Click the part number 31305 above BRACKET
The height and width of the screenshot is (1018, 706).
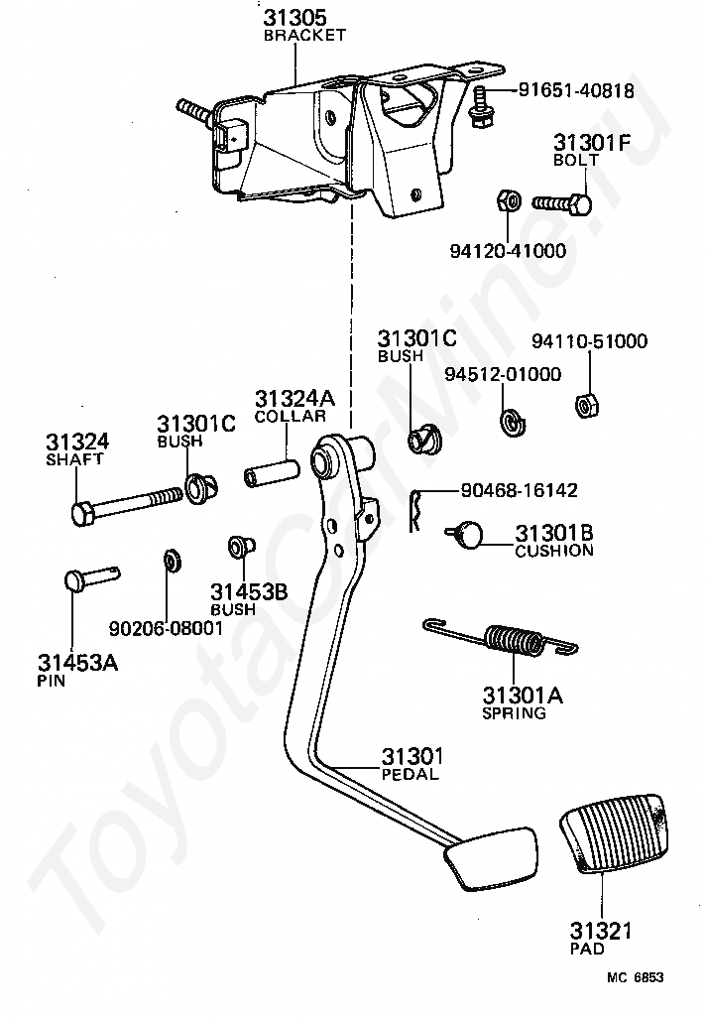[x=294, y=18]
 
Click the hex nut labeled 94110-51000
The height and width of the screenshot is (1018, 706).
[x=587, y=406]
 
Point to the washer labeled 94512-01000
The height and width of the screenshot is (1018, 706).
[x=512, y=422]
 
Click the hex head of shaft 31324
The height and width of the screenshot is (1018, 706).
[x=82, y=514]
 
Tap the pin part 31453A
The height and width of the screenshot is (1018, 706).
[x=92, y=576]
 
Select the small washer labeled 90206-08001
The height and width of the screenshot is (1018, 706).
[x=172, y=561]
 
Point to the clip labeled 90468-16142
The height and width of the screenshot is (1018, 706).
[x=416, y=510]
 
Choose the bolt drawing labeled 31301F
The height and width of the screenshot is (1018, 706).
[x=562, y=204]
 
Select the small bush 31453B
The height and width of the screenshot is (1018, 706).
[x=241, y=548]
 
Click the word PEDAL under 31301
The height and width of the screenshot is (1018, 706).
[x=411, y=774]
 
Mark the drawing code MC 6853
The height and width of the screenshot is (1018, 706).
[x=636, y=977]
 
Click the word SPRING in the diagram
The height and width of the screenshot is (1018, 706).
[x=514, y=712]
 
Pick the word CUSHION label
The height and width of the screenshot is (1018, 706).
[x=554, y=551]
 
